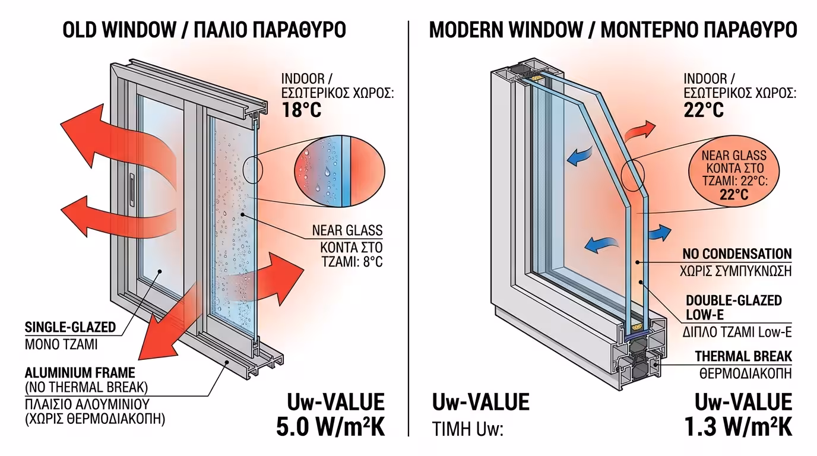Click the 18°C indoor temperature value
301,110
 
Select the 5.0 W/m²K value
331,426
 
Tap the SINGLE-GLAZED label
70,327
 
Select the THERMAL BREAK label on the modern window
743,356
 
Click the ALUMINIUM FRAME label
80,373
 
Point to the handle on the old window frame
132,185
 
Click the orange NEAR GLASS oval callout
734,175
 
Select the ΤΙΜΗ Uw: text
467,429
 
